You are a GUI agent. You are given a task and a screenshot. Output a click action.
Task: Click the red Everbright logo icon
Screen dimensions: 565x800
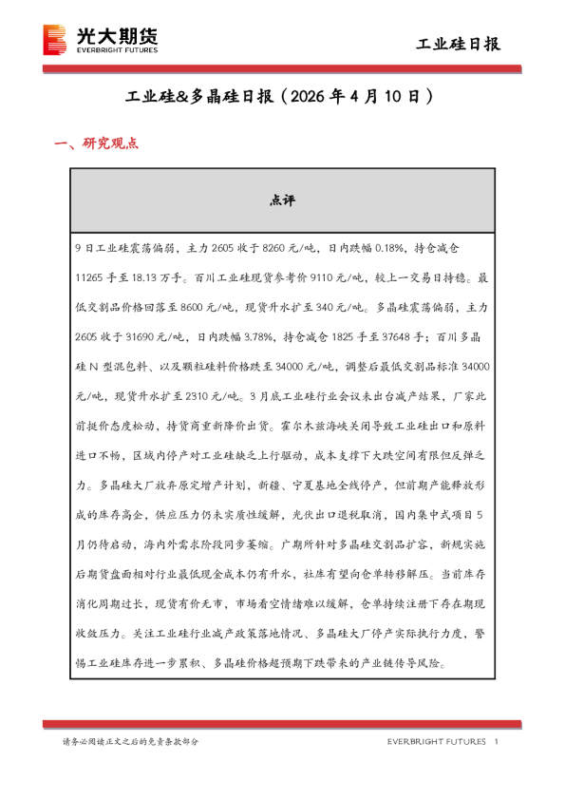56,41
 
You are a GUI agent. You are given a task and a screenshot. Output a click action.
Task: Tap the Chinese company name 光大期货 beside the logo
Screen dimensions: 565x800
116,34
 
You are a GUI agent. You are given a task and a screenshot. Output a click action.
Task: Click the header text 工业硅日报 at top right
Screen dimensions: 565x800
458,45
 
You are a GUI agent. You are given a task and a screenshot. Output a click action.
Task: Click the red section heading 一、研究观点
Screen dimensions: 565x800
97,144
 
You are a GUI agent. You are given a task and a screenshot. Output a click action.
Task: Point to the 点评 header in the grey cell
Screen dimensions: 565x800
282,200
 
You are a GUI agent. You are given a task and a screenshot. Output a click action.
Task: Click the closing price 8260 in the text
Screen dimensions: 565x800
258,248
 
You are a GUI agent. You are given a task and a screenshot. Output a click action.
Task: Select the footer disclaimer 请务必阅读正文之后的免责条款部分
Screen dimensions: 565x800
131,741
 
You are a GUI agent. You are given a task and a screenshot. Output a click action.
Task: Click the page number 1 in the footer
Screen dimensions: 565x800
498,741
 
